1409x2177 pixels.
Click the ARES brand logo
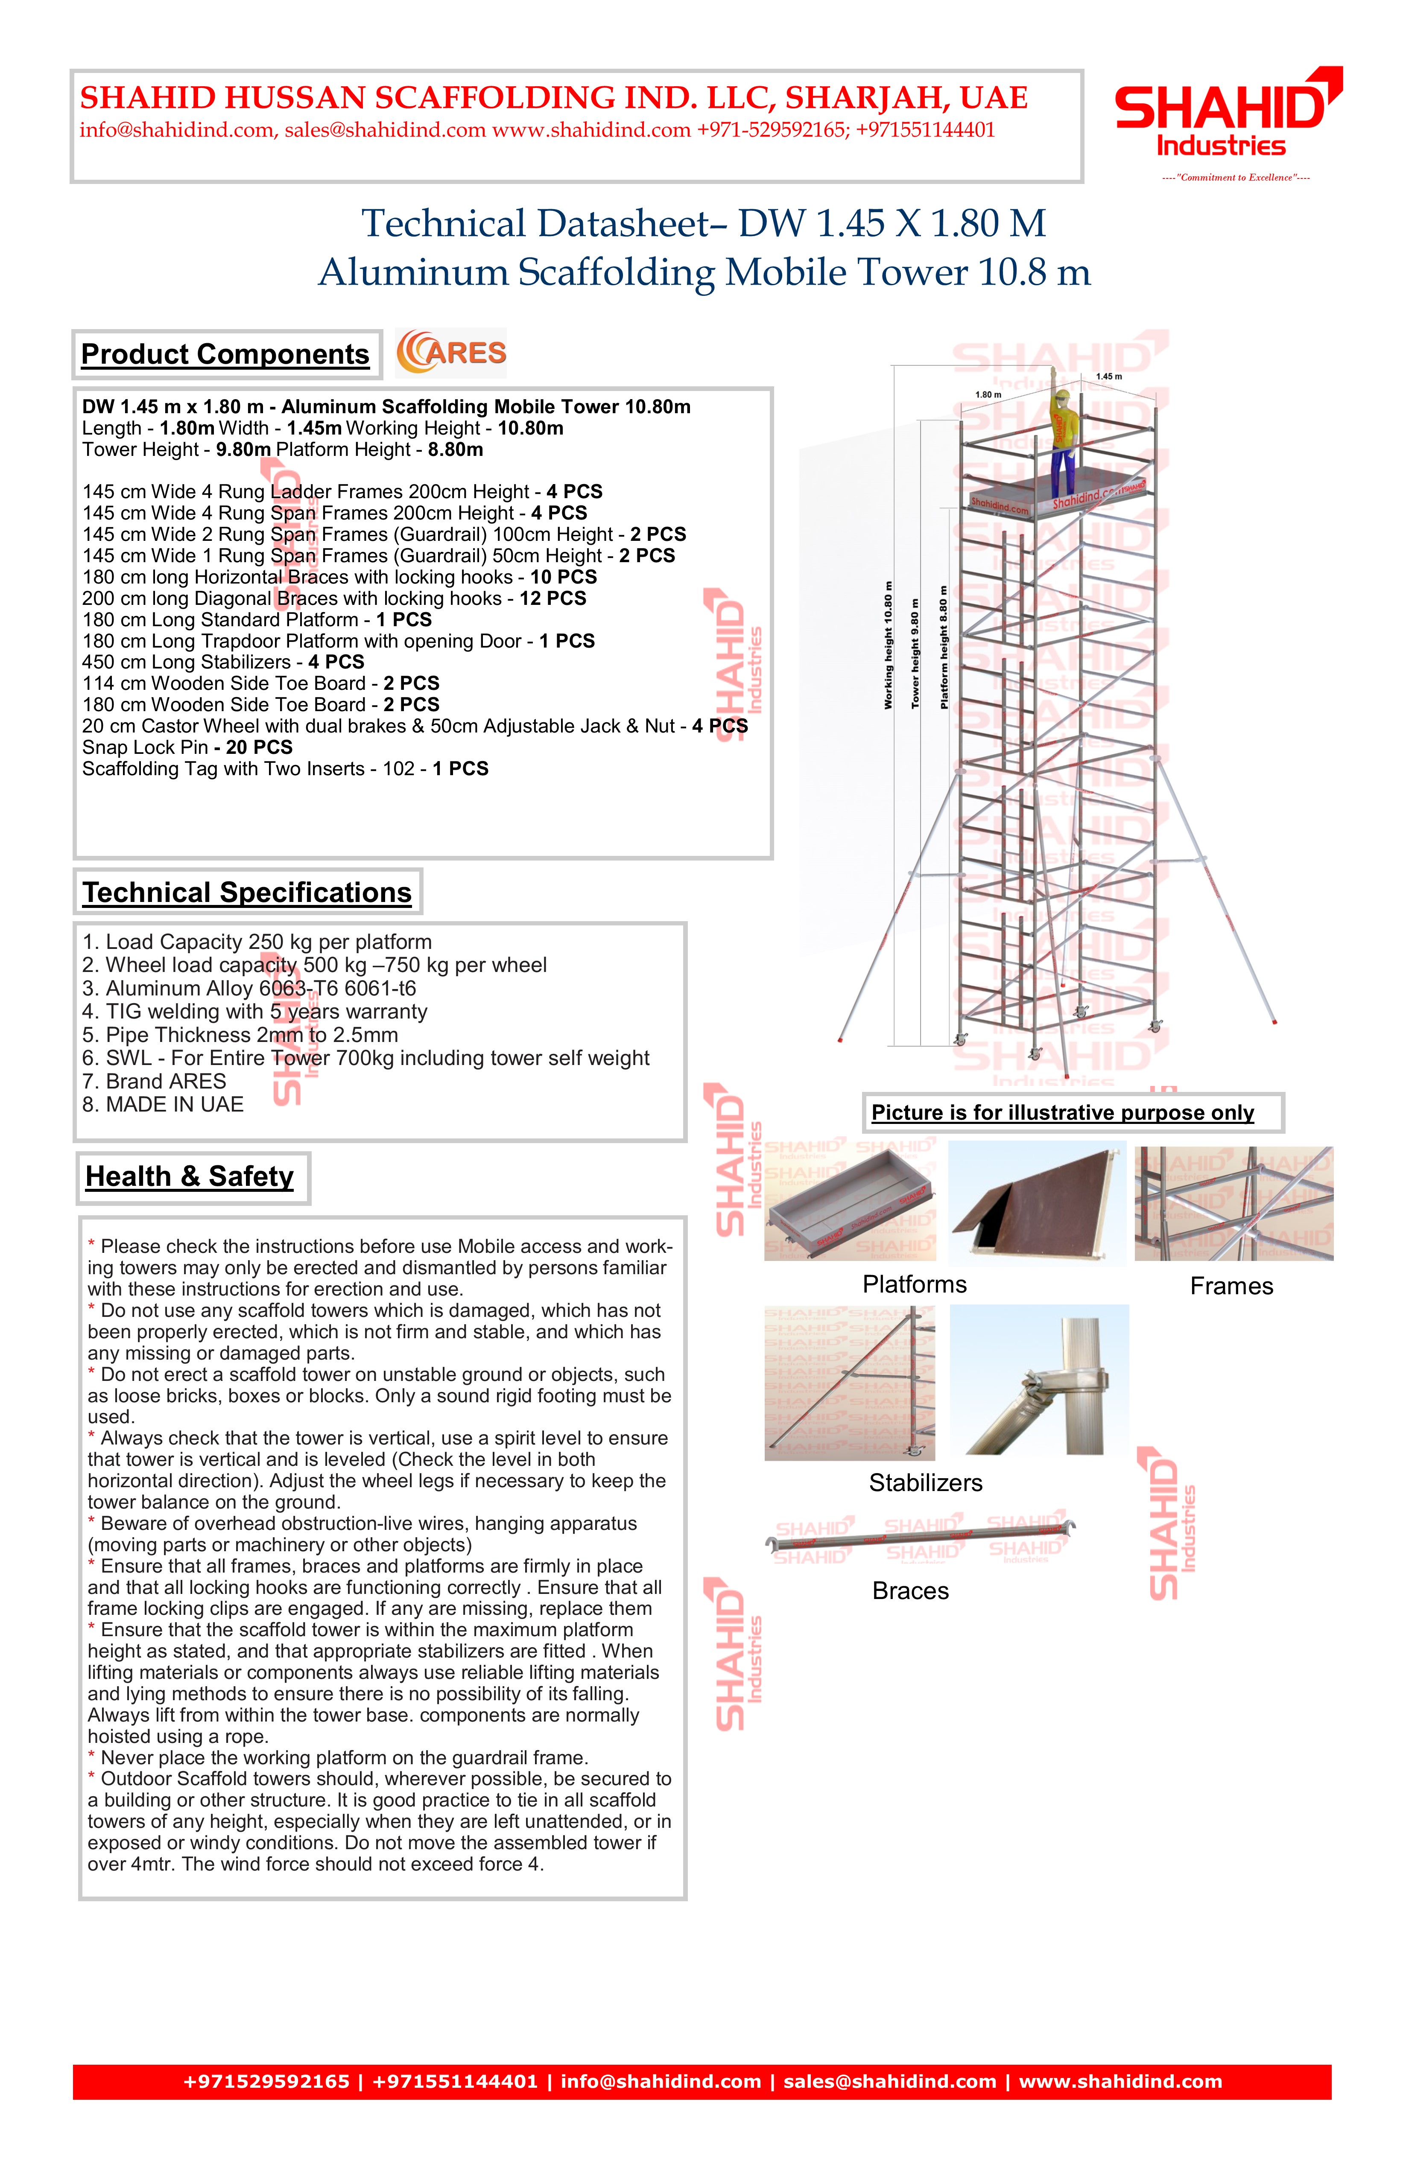click(x=451, y=353)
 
